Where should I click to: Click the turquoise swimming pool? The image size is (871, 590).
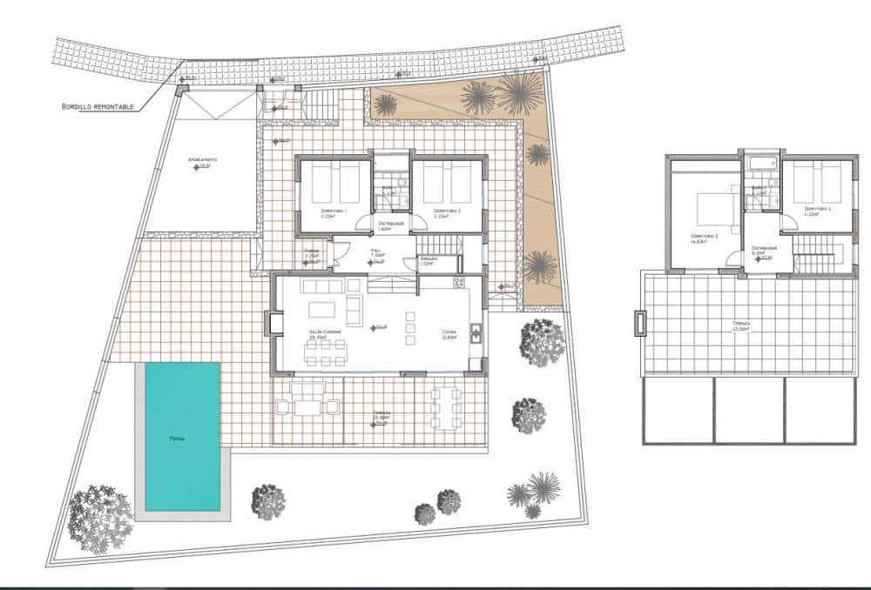coord(182,436)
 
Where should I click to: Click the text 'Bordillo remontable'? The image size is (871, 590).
coord(98,106)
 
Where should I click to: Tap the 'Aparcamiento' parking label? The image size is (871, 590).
coord(202,161)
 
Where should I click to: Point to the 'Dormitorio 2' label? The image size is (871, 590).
coord(447,211)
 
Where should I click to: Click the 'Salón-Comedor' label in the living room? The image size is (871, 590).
coord(322,333)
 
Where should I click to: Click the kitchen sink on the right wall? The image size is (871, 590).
coord(476,332)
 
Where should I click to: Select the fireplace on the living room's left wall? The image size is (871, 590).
coord(275,325)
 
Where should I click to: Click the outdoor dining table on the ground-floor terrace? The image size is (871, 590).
coord(445,408)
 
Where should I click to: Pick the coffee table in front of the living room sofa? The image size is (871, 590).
coord(320,309)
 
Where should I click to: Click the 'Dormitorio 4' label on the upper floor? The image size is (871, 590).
coord(817,209)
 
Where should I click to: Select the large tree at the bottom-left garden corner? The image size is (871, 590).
coord(100,518)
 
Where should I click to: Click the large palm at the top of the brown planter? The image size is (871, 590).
coord(519,93)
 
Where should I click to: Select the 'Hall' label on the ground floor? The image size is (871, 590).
coord(376,251)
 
